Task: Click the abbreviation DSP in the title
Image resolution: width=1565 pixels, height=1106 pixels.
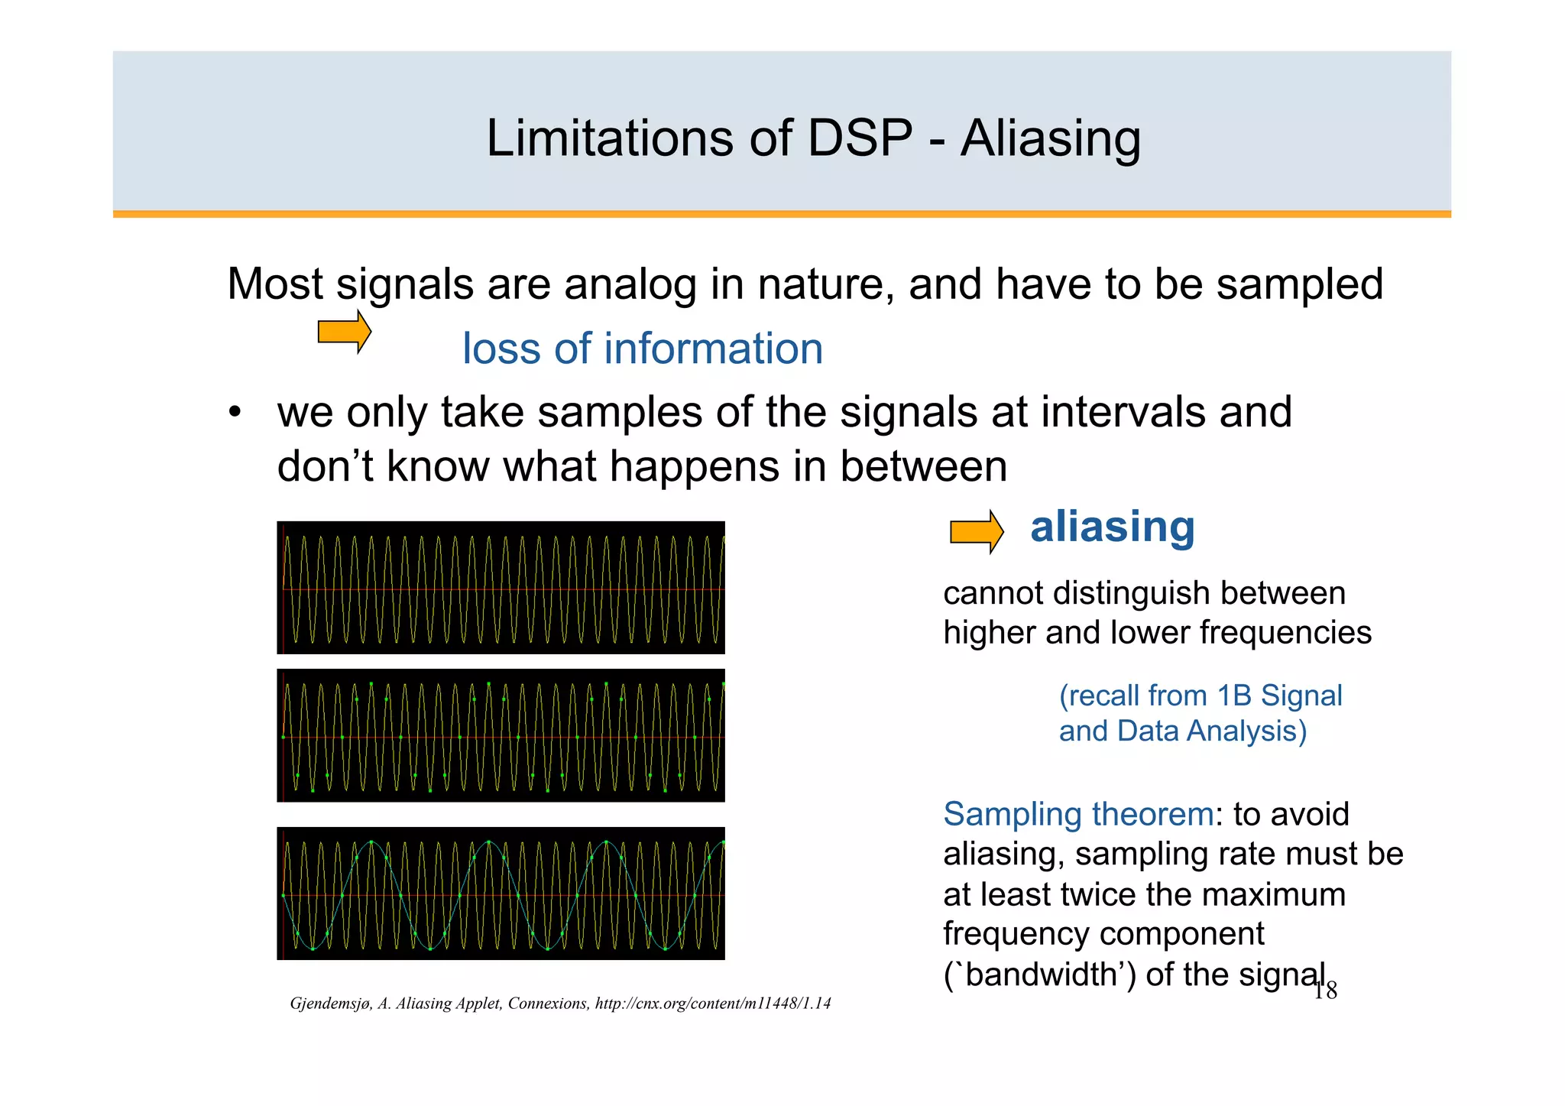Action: (860, 139)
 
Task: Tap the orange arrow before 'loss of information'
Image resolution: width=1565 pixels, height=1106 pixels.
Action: (344, 332)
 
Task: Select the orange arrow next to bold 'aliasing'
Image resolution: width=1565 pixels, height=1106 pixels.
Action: (976, 531)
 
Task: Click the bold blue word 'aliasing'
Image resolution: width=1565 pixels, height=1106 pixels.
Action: (1112, 527)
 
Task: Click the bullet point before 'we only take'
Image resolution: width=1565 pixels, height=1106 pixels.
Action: (235, 413)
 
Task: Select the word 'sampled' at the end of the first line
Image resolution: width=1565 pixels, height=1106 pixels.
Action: (1299, 284)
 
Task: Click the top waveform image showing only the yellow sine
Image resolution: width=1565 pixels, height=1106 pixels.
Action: (501, 588)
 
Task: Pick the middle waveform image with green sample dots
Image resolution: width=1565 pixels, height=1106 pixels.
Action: (501, 735)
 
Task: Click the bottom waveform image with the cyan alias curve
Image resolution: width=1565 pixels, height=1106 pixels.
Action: (501, 894)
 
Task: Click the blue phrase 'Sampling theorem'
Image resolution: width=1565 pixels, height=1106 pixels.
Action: (1077, 814)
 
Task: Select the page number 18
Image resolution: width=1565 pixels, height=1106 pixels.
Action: (1325, 991)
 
